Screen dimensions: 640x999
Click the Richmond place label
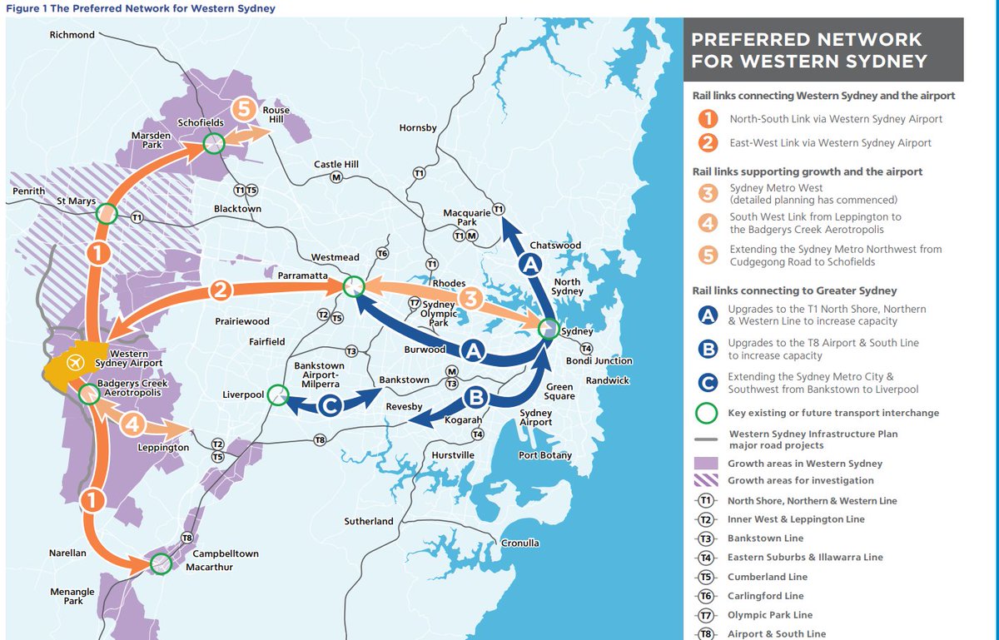coord(72,35)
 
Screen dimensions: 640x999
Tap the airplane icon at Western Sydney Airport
coord(76,363)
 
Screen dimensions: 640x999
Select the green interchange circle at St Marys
coord(106,215)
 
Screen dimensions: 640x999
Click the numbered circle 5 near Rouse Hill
coord(243,109)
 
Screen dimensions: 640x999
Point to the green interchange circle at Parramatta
coord(353,286)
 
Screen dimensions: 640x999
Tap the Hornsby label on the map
coord(418,128)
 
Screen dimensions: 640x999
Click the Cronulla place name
coord(519,543)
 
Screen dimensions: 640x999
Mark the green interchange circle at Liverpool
coord(278,397)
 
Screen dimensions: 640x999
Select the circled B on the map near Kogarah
coord(475,397)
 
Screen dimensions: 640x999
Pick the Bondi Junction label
coord(599,361)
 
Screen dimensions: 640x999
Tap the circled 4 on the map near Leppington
coord(133,425)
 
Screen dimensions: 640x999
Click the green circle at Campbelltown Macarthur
coord(161,564)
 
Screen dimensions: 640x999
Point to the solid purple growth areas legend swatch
coord(706,464)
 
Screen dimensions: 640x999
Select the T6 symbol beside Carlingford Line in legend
coord(706,596)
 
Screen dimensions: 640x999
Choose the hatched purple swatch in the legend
coord(706,480)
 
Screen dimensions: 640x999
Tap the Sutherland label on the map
coord(369,522)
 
